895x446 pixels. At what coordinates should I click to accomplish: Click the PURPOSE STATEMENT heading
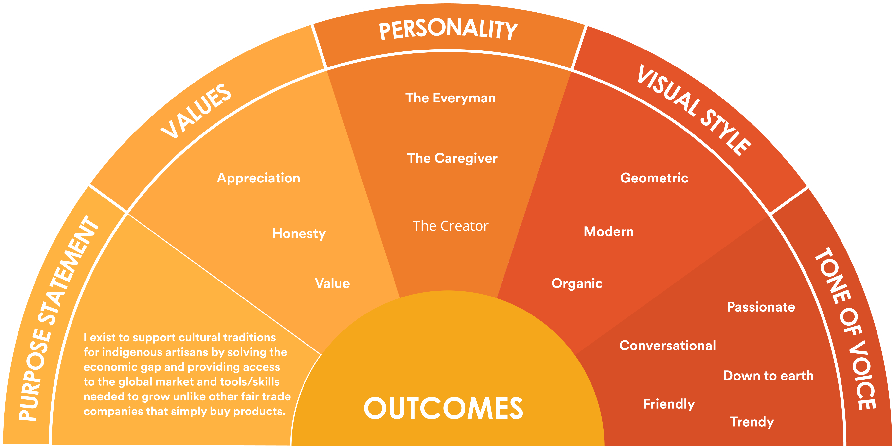coord(57,318)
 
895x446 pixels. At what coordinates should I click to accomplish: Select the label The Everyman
coord(450,98)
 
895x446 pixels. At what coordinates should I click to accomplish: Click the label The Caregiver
coord(452,158)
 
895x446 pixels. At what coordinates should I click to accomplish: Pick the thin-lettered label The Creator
coord(450,226)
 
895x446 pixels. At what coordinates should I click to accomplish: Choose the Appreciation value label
coord(258,178)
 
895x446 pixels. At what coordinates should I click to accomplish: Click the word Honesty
coord(299,233)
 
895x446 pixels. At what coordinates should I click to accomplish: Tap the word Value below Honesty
coord(332,283)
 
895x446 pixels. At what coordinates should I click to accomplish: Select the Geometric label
coord(654,178)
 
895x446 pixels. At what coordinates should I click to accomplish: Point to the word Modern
coord(608,231)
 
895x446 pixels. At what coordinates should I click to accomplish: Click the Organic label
coord(577,283)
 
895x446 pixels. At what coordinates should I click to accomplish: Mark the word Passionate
coord(761,307)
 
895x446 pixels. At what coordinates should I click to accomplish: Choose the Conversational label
coord(667,346)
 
